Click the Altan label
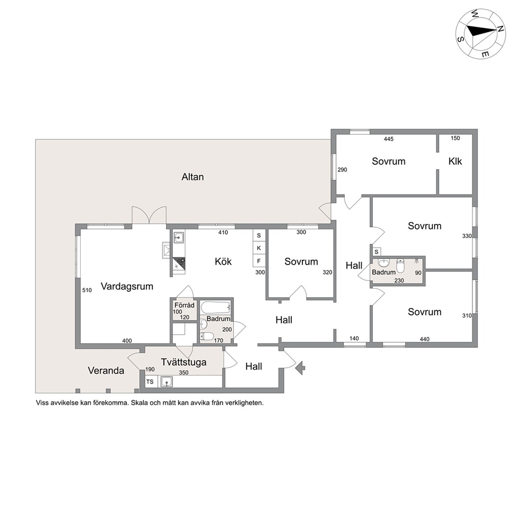193,177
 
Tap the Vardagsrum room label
127,286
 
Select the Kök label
223,261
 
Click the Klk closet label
455,161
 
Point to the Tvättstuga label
184,363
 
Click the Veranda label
106,371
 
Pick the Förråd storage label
185,305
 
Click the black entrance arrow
300,368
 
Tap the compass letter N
500,29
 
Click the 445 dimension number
389,139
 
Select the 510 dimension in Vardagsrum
87,290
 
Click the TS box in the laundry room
150,382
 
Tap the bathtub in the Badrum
216,308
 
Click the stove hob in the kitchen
179,264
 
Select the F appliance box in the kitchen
259,261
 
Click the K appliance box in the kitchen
259,248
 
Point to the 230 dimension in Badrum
399,280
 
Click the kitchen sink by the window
178,237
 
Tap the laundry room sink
167,382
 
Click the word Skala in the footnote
140,403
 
